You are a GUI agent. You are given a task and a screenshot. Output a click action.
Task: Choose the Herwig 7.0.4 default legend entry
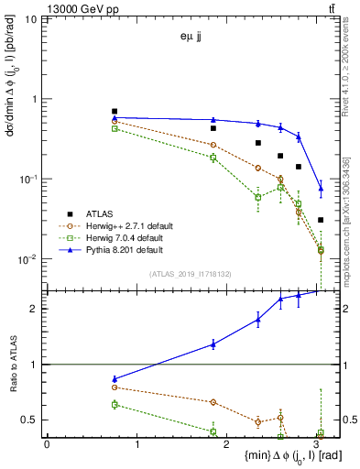[x=134, y=237]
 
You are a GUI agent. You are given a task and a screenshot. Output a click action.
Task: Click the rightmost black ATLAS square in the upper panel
[x=321, y=220]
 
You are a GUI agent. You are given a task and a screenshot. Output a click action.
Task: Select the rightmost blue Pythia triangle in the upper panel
[x=321, y=190]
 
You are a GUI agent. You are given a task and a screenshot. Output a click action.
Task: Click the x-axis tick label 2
[x=228, y=445]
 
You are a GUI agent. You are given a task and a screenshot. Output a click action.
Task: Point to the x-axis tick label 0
[x=47, y=445]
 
